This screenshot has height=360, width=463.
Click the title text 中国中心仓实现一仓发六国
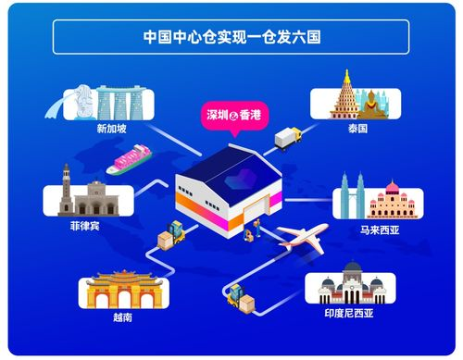231,38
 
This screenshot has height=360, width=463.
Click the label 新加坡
111,129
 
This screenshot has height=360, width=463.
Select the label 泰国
357,130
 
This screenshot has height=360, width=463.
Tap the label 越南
123,316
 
